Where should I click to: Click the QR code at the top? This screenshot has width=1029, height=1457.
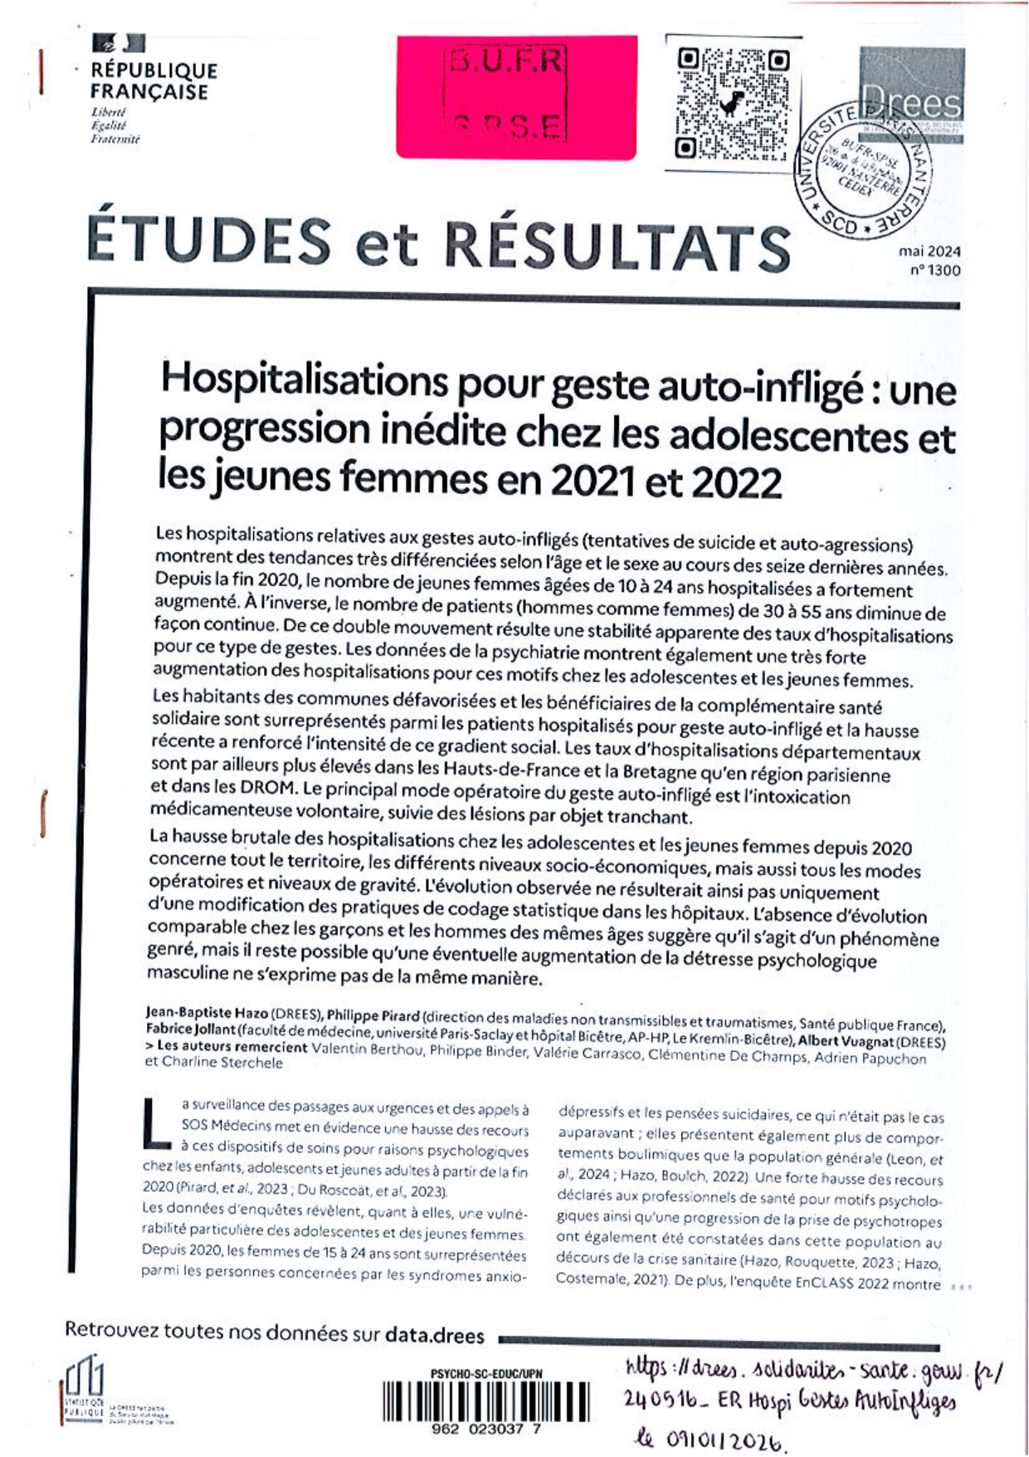[x=732, y=104]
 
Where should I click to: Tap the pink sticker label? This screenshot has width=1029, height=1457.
[x=516, y=96]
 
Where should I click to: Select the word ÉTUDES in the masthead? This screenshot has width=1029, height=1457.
[x=209, y=241]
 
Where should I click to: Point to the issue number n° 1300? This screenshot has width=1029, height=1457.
[x=934, y=270]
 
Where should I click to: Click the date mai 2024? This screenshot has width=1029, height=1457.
[x=929, y=251]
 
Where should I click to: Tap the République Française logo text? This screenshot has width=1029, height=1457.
[x=153, y=81]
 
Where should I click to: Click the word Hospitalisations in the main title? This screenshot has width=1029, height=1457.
[x=304, y=381]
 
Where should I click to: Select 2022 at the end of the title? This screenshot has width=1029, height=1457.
[x=735, y=482]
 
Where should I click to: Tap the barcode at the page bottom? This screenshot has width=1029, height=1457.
[x=486, y=1402]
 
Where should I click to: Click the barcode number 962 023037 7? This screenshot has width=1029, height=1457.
[x=486, y=1430]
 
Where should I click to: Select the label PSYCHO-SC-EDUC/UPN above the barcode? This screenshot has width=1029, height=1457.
[x=486, y=1374]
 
